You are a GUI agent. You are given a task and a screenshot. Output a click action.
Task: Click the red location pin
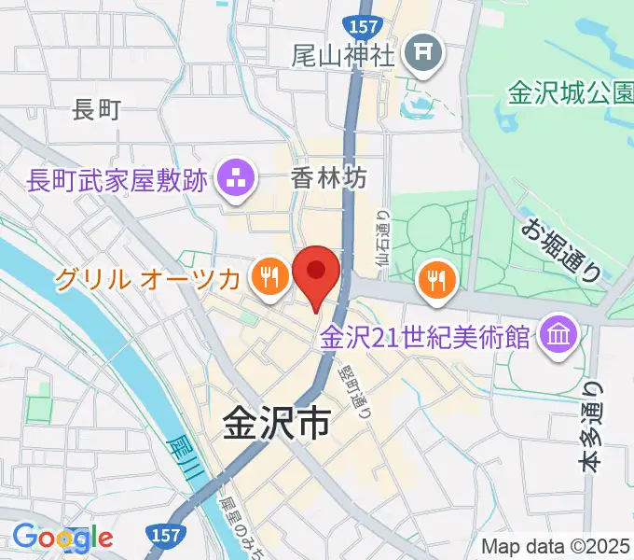click(316, 273)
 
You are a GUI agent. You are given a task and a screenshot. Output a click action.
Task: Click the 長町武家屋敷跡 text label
click(117, 180)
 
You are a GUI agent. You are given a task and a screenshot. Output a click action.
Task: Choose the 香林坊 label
click(328, 175)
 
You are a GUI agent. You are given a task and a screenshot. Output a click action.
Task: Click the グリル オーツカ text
click(151, 277)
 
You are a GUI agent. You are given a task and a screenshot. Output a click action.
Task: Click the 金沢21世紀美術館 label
click(424, 336)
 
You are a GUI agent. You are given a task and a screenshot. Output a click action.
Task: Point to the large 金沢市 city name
click(276, 424)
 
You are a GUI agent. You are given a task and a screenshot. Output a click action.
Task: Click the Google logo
click(63, 537)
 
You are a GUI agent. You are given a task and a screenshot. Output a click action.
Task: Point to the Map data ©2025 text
click(556, 546)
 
